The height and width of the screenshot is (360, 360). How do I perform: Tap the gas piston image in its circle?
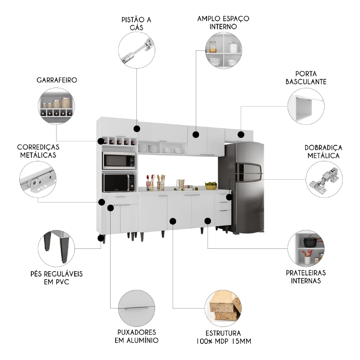137,50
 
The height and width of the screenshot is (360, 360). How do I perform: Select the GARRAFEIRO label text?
57,80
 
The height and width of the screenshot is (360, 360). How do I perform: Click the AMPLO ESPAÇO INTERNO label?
223,22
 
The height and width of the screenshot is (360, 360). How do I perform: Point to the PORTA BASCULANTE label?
306,77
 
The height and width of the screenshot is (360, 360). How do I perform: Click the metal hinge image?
324,179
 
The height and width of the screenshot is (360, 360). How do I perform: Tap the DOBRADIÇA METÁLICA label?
323,152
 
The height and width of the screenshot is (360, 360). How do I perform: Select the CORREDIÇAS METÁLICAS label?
38,151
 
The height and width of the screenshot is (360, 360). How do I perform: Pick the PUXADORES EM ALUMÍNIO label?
136,336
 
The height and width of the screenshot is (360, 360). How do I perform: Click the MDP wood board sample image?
223,308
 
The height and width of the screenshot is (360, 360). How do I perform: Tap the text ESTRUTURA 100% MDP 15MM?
223,337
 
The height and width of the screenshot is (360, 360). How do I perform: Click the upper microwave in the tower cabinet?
119,161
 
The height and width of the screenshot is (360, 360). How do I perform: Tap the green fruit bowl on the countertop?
211,186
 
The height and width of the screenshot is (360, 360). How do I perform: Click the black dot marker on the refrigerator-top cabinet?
240,135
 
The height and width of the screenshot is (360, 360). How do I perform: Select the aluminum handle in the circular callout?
136,309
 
